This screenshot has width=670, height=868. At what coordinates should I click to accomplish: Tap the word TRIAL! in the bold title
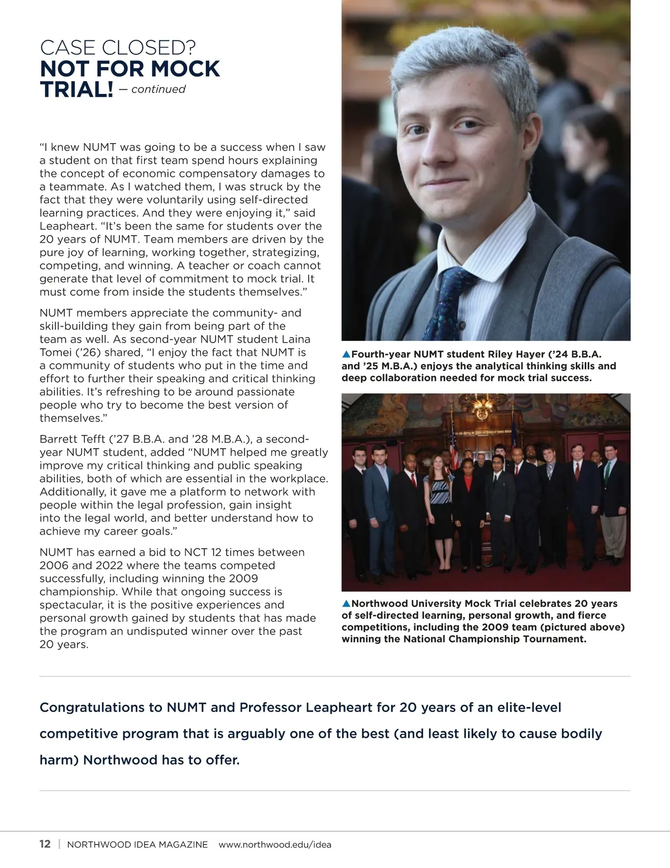(76, 89)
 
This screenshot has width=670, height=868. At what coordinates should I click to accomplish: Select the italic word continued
(158, 89)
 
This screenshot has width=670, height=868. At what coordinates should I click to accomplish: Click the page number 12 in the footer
(45, 844)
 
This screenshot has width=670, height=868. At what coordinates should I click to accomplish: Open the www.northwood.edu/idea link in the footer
(275, 845)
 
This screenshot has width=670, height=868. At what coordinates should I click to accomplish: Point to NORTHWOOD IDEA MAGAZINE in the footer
(137, 845)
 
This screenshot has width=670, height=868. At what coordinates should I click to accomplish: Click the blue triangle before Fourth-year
(346, 354)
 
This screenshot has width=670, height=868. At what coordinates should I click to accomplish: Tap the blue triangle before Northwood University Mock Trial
(346, 604)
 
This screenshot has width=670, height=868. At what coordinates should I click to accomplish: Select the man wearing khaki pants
(613, 503)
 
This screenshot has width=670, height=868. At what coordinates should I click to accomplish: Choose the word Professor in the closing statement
(270, 708)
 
